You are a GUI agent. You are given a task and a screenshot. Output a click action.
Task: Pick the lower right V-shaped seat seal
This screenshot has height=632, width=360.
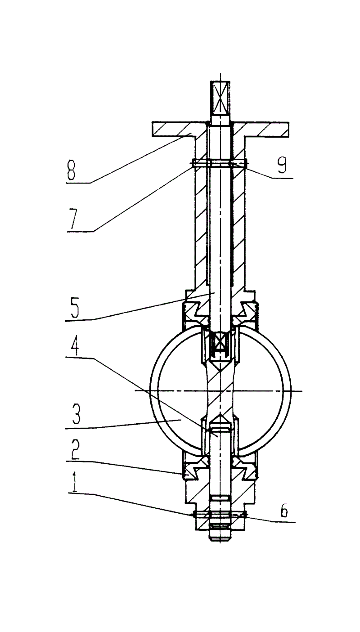pyautogui.click(x=244, y=468)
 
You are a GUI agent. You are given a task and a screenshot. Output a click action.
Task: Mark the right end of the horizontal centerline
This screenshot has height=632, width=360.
pyautogui.click(x=302, y=391)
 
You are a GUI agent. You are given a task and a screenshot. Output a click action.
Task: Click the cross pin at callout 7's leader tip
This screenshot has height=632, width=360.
pyautogui.click(x=220, y=163)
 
